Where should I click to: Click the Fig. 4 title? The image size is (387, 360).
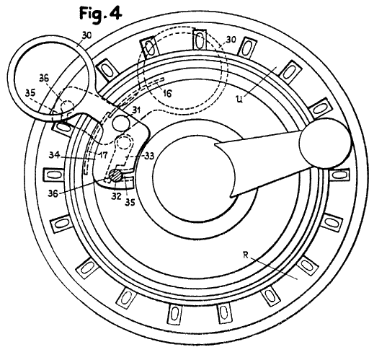click(100, 14)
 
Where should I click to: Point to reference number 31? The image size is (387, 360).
click(135, 110)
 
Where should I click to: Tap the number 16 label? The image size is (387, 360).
click(167, 93)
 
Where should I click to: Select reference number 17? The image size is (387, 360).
click(103, 155)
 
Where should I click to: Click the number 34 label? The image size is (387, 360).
click(54, 155)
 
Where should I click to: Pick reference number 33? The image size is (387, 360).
click(149, 156)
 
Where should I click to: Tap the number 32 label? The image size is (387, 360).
click(116, 196)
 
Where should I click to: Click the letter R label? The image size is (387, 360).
click(245, 255)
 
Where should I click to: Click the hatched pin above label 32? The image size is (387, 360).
click(116, 176)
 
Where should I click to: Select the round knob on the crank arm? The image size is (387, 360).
click(325, 144)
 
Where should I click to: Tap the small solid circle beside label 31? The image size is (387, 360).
click(121, 123)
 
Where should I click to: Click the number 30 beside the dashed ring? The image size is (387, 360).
click(231, 40)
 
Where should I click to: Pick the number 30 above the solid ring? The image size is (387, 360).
click(86, 35)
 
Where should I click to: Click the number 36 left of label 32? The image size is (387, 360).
click(53, 193)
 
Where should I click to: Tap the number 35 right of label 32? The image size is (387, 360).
click(130, 202)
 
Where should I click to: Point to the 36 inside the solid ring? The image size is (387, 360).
click(44, 79)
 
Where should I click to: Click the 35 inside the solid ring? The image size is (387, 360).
click(30, 92)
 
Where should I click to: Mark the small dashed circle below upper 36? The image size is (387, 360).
click(67, 107)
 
